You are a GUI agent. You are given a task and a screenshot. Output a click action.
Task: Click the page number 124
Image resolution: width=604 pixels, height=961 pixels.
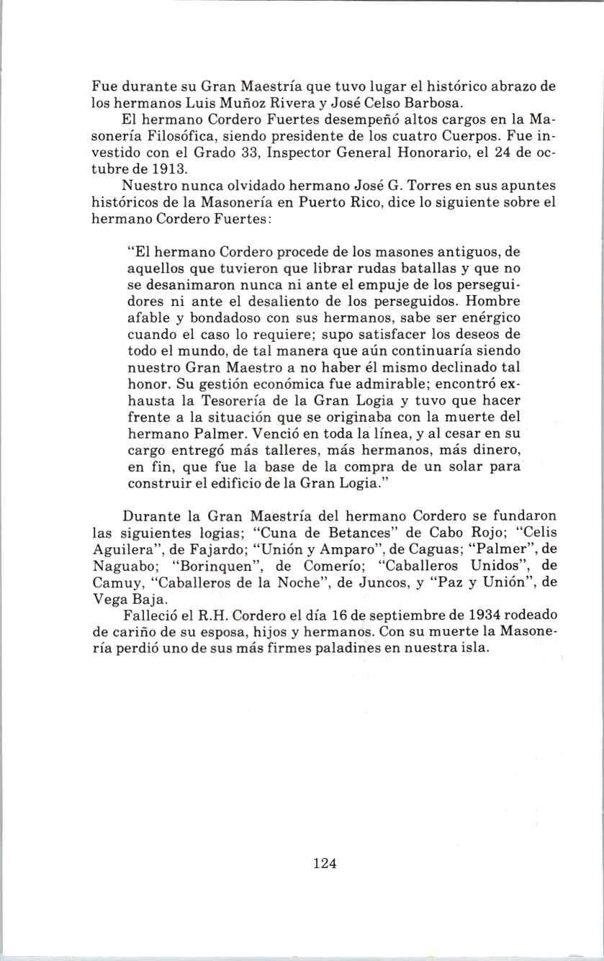(325, 863)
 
